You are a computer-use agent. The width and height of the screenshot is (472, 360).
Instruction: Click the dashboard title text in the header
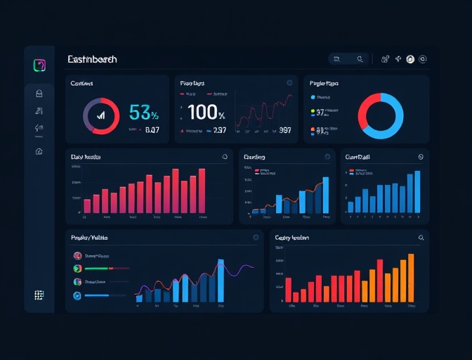[x=92, y=60]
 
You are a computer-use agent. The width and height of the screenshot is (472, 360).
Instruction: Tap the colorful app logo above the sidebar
[x=39, y=65]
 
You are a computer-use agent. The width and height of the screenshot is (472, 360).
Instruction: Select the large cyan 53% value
[x=144, y=112]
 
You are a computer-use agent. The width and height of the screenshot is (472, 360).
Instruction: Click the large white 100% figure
[x=206, y=112]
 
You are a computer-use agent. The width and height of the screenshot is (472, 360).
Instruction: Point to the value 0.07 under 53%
[x=152, y=130]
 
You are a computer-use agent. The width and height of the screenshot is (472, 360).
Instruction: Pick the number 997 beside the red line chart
[x=284, y=130]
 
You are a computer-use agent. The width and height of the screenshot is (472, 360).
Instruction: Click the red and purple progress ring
[x=101, y=116]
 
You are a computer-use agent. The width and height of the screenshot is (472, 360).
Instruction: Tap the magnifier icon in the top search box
[x=360, y=60]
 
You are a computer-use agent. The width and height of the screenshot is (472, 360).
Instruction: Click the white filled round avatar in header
[x=410, y=60]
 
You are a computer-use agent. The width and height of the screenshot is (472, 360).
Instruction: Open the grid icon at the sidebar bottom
[x=39, y=295]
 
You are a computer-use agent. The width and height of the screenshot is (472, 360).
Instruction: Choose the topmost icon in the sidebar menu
[x=39, y=93]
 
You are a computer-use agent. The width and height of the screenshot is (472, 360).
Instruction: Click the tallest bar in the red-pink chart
[x=202, y=191]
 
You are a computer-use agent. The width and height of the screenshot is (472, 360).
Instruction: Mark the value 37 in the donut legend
[x=320, y=112]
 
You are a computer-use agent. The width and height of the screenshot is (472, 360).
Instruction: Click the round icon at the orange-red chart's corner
[x=421, y=238]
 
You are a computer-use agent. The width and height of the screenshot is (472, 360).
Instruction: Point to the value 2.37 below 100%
[x=219, y=130]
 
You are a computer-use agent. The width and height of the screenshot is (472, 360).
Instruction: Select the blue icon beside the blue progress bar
[x=77, y=296]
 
